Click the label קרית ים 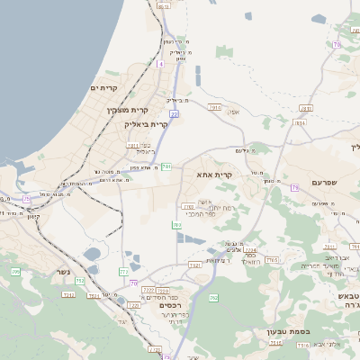(104, 87)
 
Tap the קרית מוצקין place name (125, 109)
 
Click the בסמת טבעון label (288, 331)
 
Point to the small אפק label (234, 112)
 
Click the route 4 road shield (160, 64)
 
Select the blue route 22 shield (174, 114)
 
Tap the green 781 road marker (166, 166)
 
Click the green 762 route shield (213, 298)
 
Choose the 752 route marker (79, 282)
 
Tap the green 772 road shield (123, 271)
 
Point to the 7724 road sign (250, 250)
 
